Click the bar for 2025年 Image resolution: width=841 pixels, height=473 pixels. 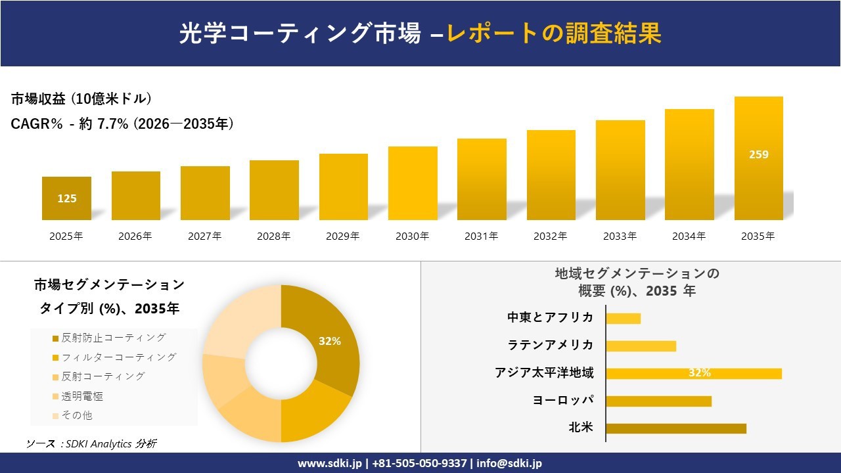click(66, 198)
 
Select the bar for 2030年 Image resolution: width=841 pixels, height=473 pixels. click(413, 183)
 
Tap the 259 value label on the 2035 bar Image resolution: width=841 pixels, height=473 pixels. click(758, 155)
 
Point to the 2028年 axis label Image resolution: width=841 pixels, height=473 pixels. click(274, 236)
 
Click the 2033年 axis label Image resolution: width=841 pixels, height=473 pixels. click(620, 236)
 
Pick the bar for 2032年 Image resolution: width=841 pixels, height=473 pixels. click(551, 175)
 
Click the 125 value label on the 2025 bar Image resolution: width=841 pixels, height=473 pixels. click(66, 198)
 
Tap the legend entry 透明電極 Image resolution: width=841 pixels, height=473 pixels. click(81, 396)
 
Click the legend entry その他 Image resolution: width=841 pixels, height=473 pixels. click(76, 415)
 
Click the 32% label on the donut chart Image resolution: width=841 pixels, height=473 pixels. click(329, 342)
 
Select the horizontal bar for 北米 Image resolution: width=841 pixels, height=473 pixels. click(676, 428)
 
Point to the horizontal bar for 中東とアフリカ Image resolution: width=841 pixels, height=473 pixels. click(623, 319)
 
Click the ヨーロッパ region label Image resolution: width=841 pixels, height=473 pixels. click(563, 400)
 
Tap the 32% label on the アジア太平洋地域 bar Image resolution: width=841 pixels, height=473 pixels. click(699, 373)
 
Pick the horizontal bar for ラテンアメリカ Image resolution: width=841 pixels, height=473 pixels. click(641, 346)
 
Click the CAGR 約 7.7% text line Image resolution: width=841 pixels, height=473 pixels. click(122, 124)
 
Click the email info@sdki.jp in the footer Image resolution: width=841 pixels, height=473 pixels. click(509, 463)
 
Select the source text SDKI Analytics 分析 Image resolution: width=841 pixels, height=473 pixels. click(92, 444)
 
